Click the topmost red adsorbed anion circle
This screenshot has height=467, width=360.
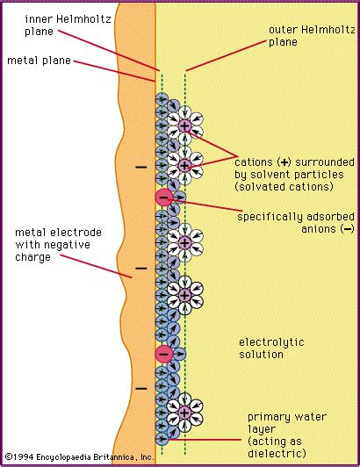click(164, 198)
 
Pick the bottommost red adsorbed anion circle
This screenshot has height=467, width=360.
click(164, 354)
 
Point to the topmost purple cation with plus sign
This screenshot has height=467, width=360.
click(184, 126)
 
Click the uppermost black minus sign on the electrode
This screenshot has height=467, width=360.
click(140, 166)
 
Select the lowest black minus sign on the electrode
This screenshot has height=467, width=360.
click(140, 387)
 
